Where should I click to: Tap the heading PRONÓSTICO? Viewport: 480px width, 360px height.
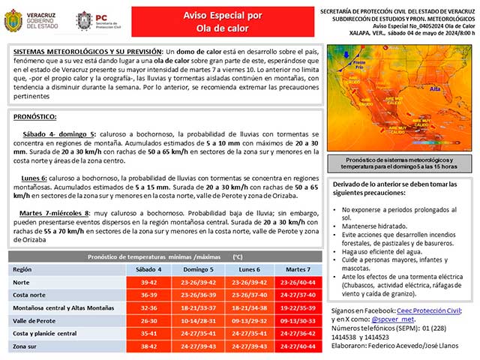coord(35,117)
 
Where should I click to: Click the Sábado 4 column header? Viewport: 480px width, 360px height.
coord(148,268)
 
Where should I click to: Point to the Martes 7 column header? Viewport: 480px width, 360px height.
coord(297,268)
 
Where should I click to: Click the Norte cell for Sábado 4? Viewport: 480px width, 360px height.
coord(148,282)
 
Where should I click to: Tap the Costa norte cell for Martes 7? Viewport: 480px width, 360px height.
coord(297,295)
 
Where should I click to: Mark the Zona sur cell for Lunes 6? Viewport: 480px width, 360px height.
coord(247,347)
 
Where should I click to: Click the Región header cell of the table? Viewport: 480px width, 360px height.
coord(23,268)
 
